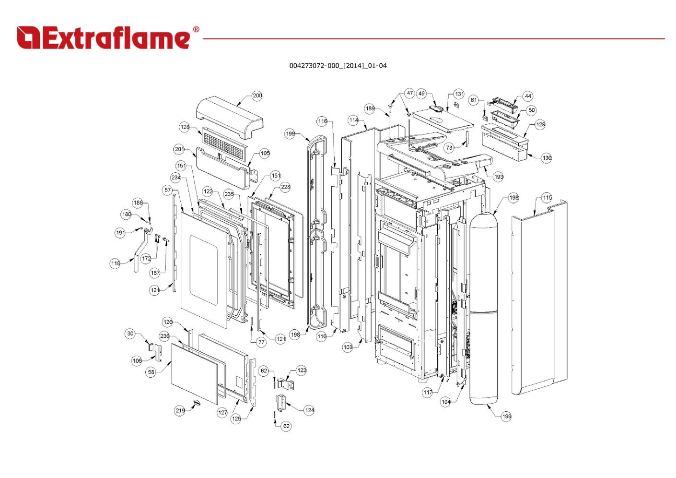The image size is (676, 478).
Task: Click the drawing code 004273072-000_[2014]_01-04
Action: tap(338, 66)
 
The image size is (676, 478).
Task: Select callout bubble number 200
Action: tap(257, 96)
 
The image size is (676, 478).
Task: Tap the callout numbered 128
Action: tap(185, 127)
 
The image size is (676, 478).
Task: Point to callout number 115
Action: tap(547, 197)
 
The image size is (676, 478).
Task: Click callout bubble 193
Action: tap(499, 177)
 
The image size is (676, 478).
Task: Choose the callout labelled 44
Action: tap(528, 96)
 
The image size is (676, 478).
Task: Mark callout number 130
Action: tap(547, 157)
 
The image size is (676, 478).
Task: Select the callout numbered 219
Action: tap(180, 410)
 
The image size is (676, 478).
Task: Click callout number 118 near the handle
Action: tap(116, 263)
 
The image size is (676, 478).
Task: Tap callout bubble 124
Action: tap(309, 410)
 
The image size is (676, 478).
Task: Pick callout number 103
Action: tap(348, 347)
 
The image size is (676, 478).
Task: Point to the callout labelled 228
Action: tap(285, 187)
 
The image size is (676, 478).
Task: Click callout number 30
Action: tap(130, 334)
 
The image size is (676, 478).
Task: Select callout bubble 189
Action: tap(370, 108)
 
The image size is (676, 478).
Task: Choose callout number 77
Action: tap(261, 342)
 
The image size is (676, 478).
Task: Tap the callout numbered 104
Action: tap(446, 402)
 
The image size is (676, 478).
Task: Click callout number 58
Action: tap(152, 372)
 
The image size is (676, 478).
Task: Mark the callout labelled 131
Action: tap(459, 94)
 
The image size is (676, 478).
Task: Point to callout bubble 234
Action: tap(176, 178)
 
